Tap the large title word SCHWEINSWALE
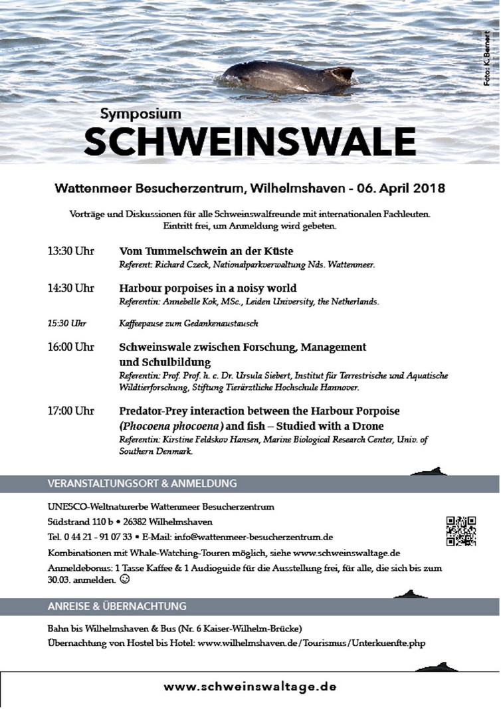coord(250,140)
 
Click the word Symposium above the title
coord(141,114)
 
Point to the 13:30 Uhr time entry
coord(70,251)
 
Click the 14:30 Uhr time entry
coord(70,288)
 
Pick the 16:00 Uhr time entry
coord(70,347)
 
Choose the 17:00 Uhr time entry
coord(70,411)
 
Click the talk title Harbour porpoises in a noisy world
coord(207,288)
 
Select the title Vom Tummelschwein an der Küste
coord(206,251)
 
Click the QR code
coord(460,530)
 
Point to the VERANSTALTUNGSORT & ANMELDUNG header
coord(142,484)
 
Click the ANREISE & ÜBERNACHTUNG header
coord(117,606)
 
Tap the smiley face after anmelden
coord(124,579)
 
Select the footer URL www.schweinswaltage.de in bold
coord(250,686)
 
